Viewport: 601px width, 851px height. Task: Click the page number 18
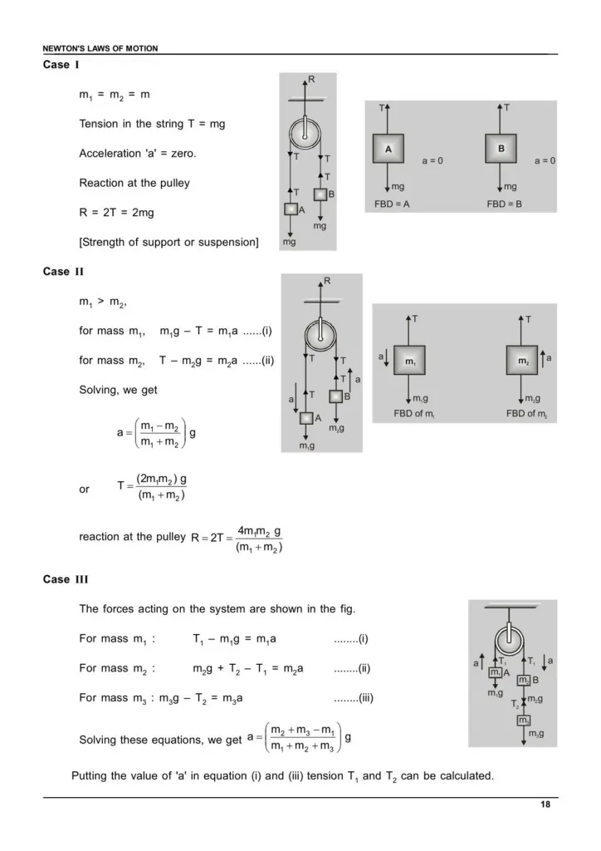543,804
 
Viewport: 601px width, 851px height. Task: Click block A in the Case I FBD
388,149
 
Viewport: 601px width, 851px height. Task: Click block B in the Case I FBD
501,149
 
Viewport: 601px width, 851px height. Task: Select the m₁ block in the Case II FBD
409,361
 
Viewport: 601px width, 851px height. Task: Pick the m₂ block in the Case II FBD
522,361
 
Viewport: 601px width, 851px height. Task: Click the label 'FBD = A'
392,204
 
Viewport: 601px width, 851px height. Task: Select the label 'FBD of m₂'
524,413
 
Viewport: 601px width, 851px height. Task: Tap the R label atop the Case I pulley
311,79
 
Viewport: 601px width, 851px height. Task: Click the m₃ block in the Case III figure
524,721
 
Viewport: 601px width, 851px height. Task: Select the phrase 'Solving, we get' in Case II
118,389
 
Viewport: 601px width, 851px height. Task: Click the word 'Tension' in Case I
99,124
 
